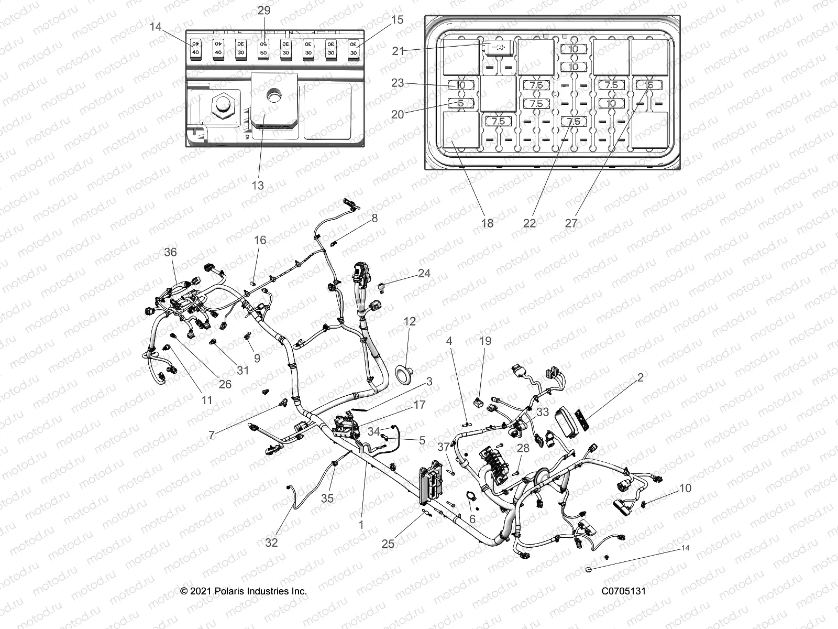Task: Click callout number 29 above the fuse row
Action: (264, 10)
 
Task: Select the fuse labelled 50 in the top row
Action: (263, 49)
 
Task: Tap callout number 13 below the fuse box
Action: (258, 185)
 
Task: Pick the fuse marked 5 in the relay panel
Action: (461, 103)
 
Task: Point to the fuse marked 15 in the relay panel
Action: (649, 85)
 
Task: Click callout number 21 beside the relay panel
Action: (399, 50)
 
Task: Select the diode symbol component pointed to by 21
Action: (498, 48)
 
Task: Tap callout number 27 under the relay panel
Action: (571, 223)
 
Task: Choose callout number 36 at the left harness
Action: (170, 252)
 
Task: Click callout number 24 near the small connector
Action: (424, 273)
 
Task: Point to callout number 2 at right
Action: (640, 377)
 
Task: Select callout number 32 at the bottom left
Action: (271, 543)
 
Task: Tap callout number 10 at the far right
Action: (685, 488)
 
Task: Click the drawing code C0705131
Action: (623, 591)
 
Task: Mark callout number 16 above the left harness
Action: (260, 240)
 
